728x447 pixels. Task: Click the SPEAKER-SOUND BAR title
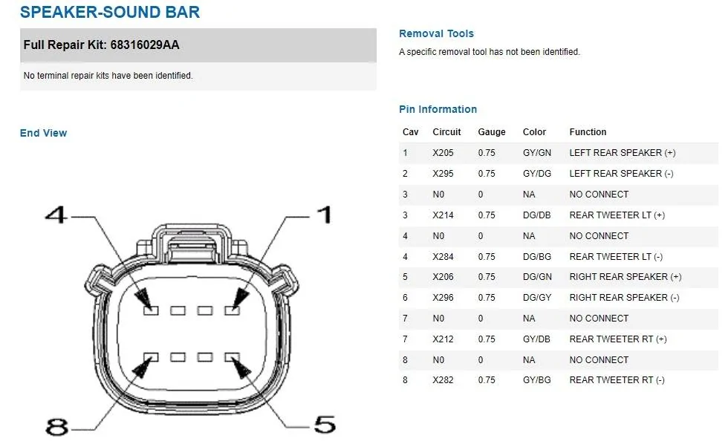[110, 12]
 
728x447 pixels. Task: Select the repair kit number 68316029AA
[145, 45]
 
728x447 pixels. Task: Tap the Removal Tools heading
[437, 33]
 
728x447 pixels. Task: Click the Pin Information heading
[438, 110]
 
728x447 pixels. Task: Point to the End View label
[43, 133]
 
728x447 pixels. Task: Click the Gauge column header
[492, 132]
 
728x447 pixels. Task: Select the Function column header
[588, 132]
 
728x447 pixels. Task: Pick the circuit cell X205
[443, 153]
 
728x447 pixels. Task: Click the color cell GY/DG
[537, 174]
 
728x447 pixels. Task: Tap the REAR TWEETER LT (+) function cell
[617, 215]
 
